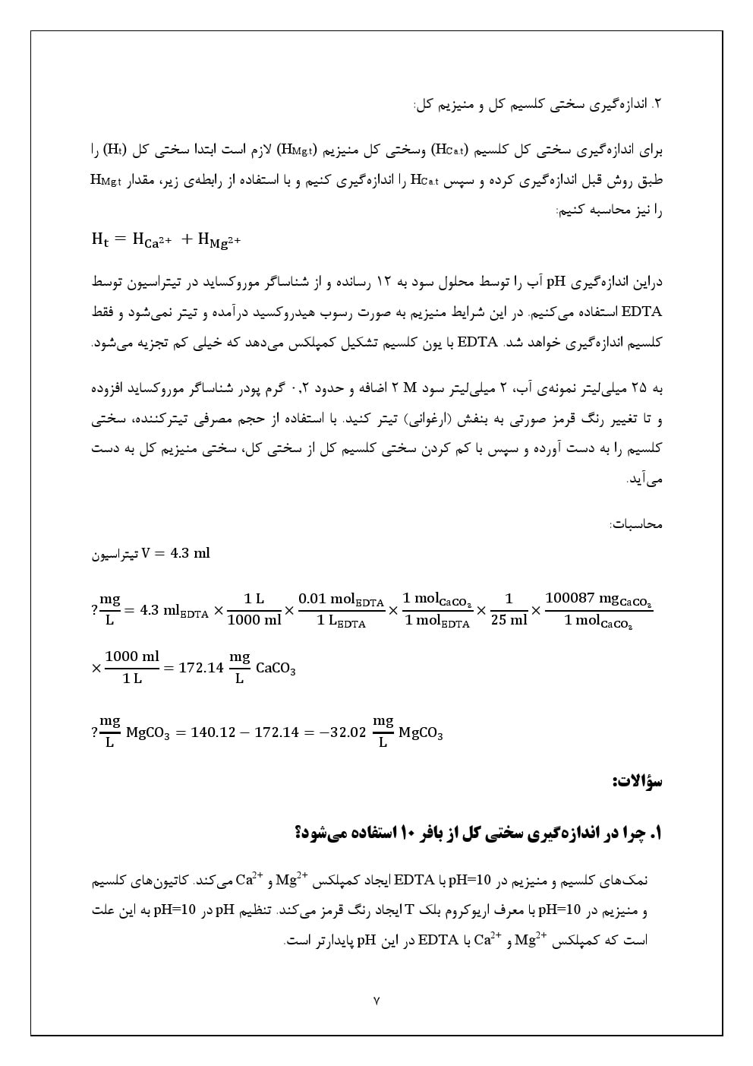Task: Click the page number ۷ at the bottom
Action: click(376, 1001)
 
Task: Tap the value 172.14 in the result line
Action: click(200, 668)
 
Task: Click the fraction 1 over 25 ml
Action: click(509, 609)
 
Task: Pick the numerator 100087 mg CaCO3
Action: click(598, 599)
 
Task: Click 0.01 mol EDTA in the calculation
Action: click(341, 599)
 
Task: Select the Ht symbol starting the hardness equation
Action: click(100, 239)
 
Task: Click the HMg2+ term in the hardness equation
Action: click(219, 240)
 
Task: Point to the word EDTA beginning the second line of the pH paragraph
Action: click(641, 312)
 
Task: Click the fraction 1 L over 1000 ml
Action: click(254, 609)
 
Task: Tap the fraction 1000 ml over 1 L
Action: click(132, 667)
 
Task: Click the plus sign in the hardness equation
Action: click(187, 239)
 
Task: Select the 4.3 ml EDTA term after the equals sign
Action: click(174, 610)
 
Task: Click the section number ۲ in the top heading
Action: click(658, 104)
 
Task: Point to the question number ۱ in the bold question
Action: click(657, 834)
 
